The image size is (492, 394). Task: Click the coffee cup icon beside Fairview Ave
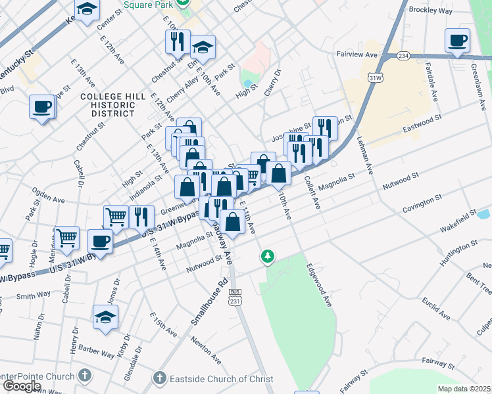[457, 41]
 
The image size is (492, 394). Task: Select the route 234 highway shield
[403, 56]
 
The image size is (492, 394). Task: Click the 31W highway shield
[375, 77]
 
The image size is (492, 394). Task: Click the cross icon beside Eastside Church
[159, 378]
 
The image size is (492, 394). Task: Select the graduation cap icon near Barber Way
[105, 318]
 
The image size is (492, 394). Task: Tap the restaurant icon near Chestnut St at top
[178, 42]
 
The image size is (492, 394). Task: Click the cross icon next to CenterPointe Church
[84, 376]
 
